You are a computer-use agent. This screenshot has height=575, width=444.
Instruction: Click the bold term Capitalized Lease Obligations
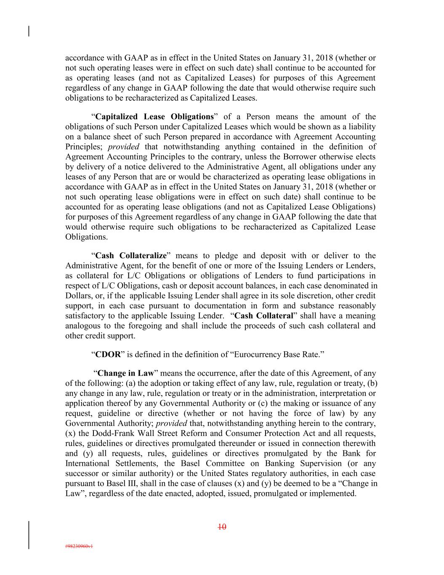[x=154, y=117]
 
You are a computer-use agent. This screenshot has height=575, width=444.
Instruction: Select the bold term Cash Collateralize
[x=131, y=256]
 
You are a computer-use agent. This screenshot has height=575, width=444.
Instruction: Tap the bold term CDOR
[x=108, y=354]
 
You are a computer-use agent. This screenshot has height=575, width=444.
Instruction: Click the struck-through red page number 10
[x=222, y=527]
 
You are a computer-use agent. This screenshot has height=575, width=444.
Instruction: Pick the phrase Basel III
[x=113, y=484]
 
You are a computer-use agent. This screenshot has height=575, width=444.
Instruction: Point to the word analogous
[x=82, y=326]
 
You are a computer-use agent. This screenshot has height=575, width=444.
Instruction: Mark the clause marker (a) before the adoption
[x=130, y=383]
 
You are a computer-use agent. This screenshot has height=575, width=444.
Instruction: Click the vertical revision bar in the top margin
[x=29, y=32]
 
